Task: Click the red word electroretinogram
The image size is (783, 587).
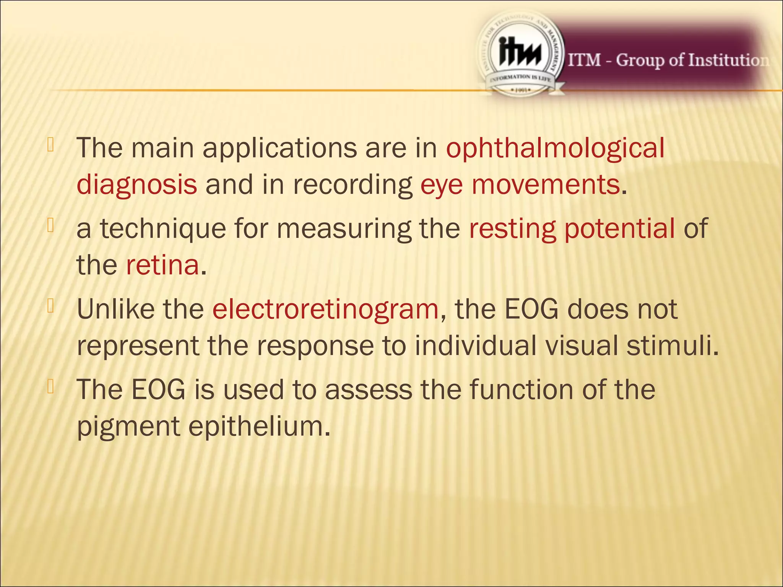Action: (x=325, y=309)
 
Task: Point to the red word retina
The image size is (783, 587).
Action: (x=162, y=265)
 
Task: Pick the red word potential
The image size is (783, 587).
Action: (x=620, y=229)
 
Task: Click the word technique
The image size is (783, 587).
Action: (x=163, y=229)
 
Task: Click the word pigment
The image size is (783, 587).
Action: (x=128, y=426)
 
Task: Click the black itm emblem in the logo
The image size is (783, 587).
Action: (x=520, y=55)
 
